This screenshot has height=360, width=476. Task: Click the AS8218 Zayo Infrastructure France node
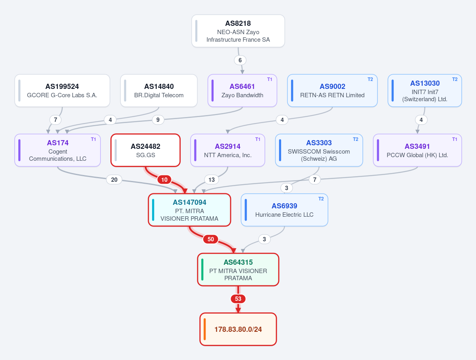(238, 31)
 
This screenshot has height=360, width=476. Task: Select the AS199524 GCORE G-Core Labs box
(62, 90)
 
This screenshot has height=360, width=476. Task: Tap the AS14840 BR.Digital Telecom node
(159, 90)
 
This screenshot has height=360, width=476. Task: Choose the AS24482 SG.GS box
(146, 150)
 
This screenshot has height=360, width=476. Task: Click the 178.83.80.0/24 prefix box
(238, 329)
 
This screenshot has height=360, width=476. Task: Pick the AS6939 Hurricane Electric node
(284, 210)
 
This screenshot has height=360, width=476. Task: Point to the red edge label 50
(211, 239)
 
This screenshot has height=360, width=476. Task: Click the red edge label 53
(238, 299)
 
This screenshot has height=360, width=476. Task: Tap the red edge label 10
(164, 180)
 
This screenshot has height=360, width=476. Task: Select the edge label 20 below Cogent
(114, 180)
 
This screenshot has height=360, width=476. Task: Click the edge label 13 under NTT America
(212, 180)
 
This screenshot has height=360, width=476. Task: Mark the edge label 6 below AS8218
(240, 60)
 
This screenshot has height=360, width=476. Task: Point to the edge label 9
(158, 120)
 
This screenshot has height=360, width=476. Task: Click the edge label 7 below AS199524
(56, 120)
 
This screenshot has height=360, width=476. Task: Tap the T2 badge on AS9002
(370, 79)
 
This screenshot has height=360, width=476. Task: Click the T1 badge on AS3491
(455, 139)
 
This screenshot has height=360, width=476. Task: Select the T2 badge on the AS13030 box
(455, 79)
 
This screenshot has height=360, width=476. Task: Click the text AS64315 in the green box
(238, 262)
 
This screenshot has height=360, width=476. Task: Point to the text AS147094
(189, 202)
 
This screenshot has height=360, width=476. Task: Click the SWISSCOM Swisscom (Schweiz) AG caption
(319, 155)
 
